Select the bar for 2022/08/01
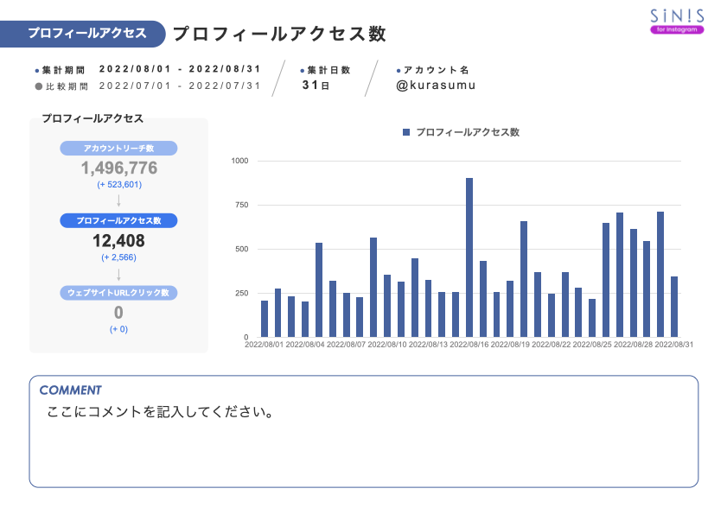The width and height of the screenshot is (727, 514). pos(265,319)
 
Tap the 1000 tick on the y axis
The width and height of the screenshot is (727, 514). pos(239,161)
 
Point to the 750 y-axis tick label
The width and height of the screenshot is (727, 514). pos(241,205)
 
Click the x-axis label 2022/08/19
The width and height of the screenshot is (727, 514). pos(510,345)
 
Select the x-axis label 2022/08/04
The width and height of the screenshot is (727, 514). pos(305,345)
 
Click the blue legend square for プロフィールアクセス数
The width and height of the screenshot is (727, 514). pos(406,132)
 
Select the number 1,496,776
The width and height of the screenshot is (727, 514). pos(119,168)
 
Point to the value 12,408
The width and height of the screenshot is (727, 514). pos(119,241)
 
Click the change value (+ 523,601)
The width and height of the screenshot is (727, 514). pos(119,184)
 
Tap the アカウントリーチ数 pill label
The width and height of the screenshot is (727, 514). pos(119,149)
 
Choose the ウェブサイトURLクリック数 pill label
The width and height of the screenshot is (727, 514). pos(119,293)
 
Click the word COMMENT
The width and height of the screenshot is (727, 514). pos(70,390)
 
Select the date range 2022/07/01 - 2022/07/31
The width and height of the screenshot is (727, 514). pos(180,86)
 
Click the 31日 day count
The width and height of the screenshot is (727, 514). pos(316,86)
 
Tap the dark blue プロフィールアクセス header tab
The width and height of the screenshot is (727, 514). pos(86,34)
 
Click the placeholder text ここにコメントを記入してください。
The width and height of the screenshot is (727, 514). pos(161,412)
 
